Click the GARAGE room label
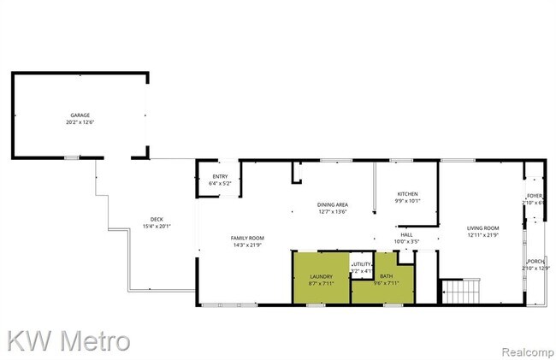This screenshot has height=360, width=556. pyautogui.click(x=80, y=115)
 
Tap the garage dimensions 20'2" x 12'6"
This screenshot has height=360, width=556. pyautogui.click(x=80, y=122)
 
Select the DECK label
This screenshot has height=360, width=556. pyautogui.click(x=157, y=219)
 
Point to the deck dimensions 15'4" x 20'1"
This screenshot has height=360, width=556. pyautogui.click(x=157, y=227)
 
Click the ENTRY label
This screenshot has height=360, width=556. pyautogui.click(x=221, y=176)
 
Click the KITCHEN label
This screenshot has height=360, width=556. pyautogui.click(x=407, y=194)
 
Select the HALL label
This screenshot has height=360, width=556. pyautogui.click(x=406, y=234)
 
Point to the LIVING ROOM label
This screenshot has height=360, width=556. pyautogui.click(x=482, y=228)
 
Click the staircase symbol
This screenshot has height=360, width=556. pyautogui.click(x=459, y=293)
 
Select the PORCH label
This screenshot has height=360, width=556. pyautogui.click(x=537, y=262)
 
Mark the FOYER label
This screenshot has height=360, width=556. pyautogui.click(x=535, y=196)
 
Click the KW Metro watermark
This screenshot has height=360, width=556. pyautogui.click(x=68, y=340)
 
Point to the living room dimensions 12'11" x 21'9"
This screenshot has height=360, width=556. pyautogui.click(x=482, y=236)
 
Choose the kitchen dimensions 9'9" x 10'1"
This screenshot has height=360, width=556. pyautogui.click(x=407, y=202)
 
